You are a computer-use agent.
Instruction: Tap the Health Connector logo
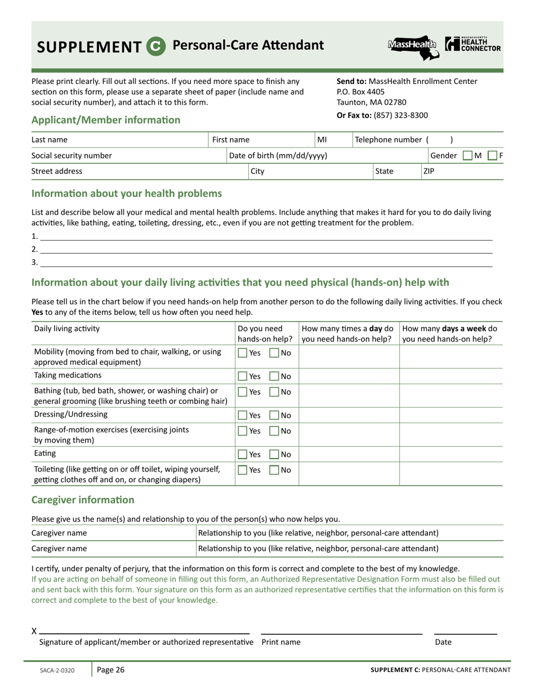click(472, 45)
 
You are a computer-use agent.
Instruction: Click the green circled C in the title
click(156, 46)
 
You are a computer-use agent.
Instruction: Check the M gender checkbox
click(467, 156)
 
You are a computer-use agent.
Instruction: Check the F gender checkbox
click(492, 156)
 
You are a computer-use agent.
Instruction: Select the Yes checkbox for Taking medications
click(243, 376)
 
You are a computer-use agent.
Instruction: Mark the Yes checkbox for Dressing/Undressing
click(243, 415)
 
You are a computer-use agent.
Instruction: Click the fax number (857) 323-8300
click(401, 115)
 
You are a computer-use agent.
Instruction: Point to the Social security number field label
click(72, 156)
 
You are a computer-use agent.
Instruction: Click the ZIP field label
click(429, 171)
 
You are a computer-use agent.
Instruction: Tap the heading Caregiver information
click(83, 500)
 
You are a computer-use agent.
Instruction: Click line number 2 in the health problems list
click(35, 249)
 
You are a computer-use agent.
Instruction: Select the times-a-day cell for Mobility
click(349, 357)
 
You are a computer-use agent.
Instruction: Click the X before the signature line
click(34, 631)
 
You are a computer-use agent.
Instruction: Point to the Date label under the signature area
click(443, 642)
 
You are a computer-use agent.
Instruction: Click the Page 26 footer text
click(110, 670)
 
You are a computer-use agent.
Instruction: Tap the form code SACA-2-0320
click(57, 670)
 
